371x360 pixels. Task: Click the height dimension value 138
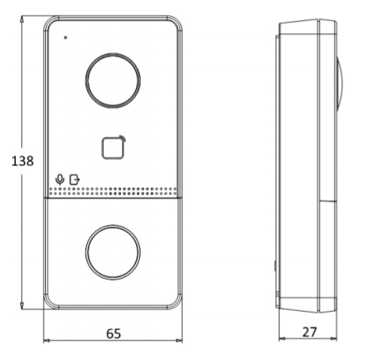(23, 161)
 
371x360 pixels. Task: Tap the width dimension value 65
(113, 334)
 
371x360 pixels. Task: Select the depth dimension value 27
(309, 332)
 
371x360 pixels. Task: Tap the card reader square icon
(102, 148)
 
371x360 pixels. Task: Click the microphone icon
(60, 180)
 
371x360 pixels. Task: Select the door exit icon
(74, 180)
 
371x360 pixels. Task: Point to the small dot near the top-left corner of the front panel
(65, 38)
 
